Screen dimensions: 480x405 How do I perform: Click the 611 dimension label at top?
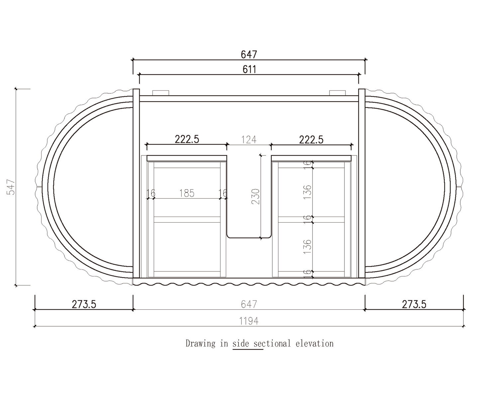[249, 69]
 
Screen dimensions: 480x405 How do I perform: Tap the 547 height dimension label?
[11, 187]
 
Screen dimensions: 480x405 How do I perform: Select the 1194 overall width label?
[249, 321]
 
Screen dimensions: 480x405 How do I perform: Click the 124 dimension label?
[249, 140]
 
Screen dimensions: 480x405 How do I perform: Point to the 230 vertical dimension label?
[255, 196]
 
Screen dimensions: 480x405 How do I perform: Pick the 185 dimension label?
[187, 193]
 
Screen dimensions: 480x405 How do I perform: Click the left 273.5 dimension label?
[84, 304]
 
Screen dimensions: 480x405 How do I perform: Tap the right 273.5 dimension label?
[414, 304]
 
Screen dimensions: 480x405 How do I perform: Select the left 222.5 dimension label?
[187, 139]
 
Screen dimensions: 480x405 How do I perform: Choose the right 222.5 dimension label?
[311, 140]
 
